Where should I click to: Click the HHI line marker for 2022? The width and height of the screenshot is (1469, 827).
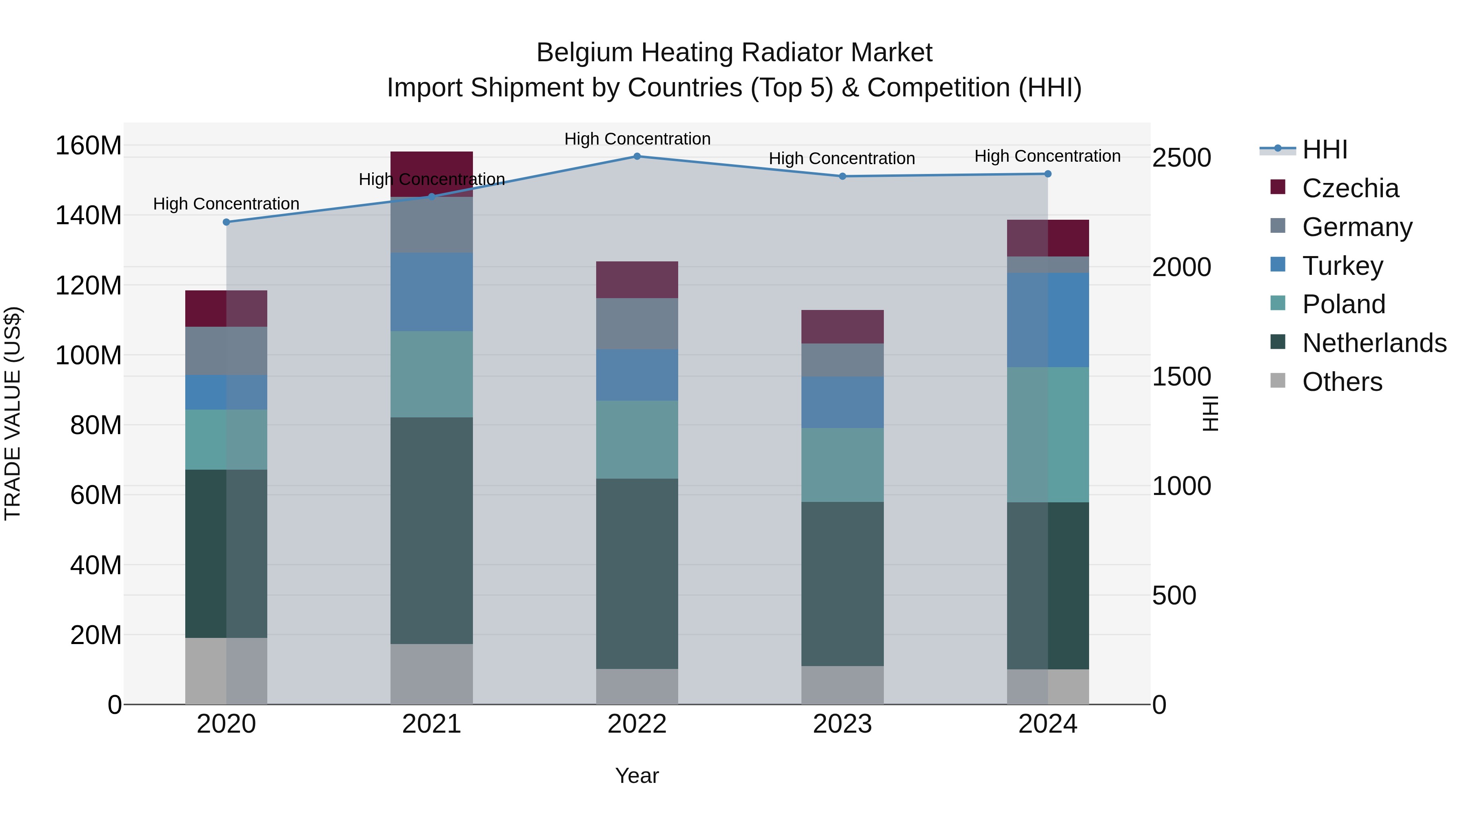(637, 156)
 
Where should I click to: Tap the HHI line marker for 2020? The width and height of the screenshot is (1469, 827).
(226, 222)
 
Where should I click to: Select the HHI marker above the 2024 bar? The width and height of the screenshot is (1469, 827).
(1047, 174)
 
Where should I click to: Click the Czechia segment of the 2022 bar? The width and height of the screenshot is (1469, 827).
(637, 280)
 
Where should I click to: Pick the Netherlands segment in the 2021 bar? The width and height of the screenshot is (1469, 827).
(432, 531)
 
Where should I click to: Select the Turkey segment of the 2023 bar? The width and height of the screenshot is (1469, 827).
(842, 402)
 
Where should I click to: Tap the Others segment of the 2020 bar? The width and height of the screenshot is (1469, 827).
(226, 671)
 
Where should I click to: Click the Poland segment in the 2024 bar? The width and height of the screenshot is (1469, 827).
(1047, 435)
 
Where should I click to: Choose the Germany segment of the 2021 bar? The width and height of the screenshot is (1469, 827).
(432, 225)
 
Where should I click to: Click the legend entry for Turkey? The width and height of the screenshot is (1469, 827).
(1343, 266)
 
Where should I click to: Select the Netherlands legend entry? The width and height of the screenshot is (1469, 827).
(1374, 343)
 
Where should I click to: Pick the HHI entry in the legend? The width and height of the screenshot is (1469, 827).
(1324, 149)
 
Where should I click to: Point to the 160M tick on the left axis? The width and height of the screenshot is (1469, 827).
(89, 145)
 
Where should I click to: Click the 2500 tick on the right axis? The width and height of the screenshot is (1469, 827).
(1181, 158)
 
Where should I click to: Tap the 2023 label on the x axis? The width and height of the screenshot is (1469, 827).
(842, 724)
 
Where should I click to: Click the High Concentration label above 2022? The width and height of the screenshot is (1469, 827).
(637, 139)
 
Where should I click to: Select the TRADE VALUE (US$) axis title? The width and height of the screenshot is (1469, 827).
(13, 413)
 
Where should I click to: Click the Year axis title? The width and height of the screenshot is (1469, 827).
(637, 776)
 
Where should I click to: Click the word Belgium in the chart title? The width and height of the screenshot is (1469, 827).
(584, 53)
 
